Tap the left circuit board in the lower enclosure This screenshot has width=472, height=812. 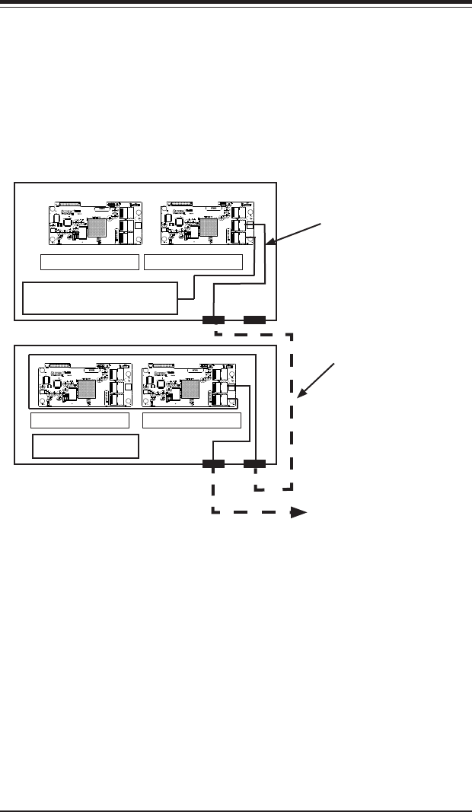[x=82, y=385]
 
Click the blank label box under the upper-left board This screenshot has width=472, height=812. [x=90, y=263]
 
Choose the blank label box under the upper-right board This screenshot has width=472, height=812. [x=193, y=263]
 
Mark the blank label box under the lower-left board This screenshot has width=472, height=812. [x=80, y=421]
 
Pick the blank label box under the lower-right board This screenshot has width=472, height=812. [x=192, y=421]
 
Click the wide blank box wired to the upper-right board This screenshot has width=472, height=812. [x=100, y=298]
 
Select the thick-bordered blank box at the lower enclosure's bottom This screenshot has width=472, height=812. [x=86, y=446]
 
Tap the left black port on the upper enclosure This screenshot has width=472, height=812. [x=213, y=320]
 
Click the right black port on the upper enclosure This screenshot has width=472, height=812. [x=254, y=320]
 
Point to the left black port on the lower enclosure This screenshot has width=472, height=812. [x=213, y=463]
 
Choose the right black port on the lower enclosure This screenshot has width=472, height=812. [x=254, y=463]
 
